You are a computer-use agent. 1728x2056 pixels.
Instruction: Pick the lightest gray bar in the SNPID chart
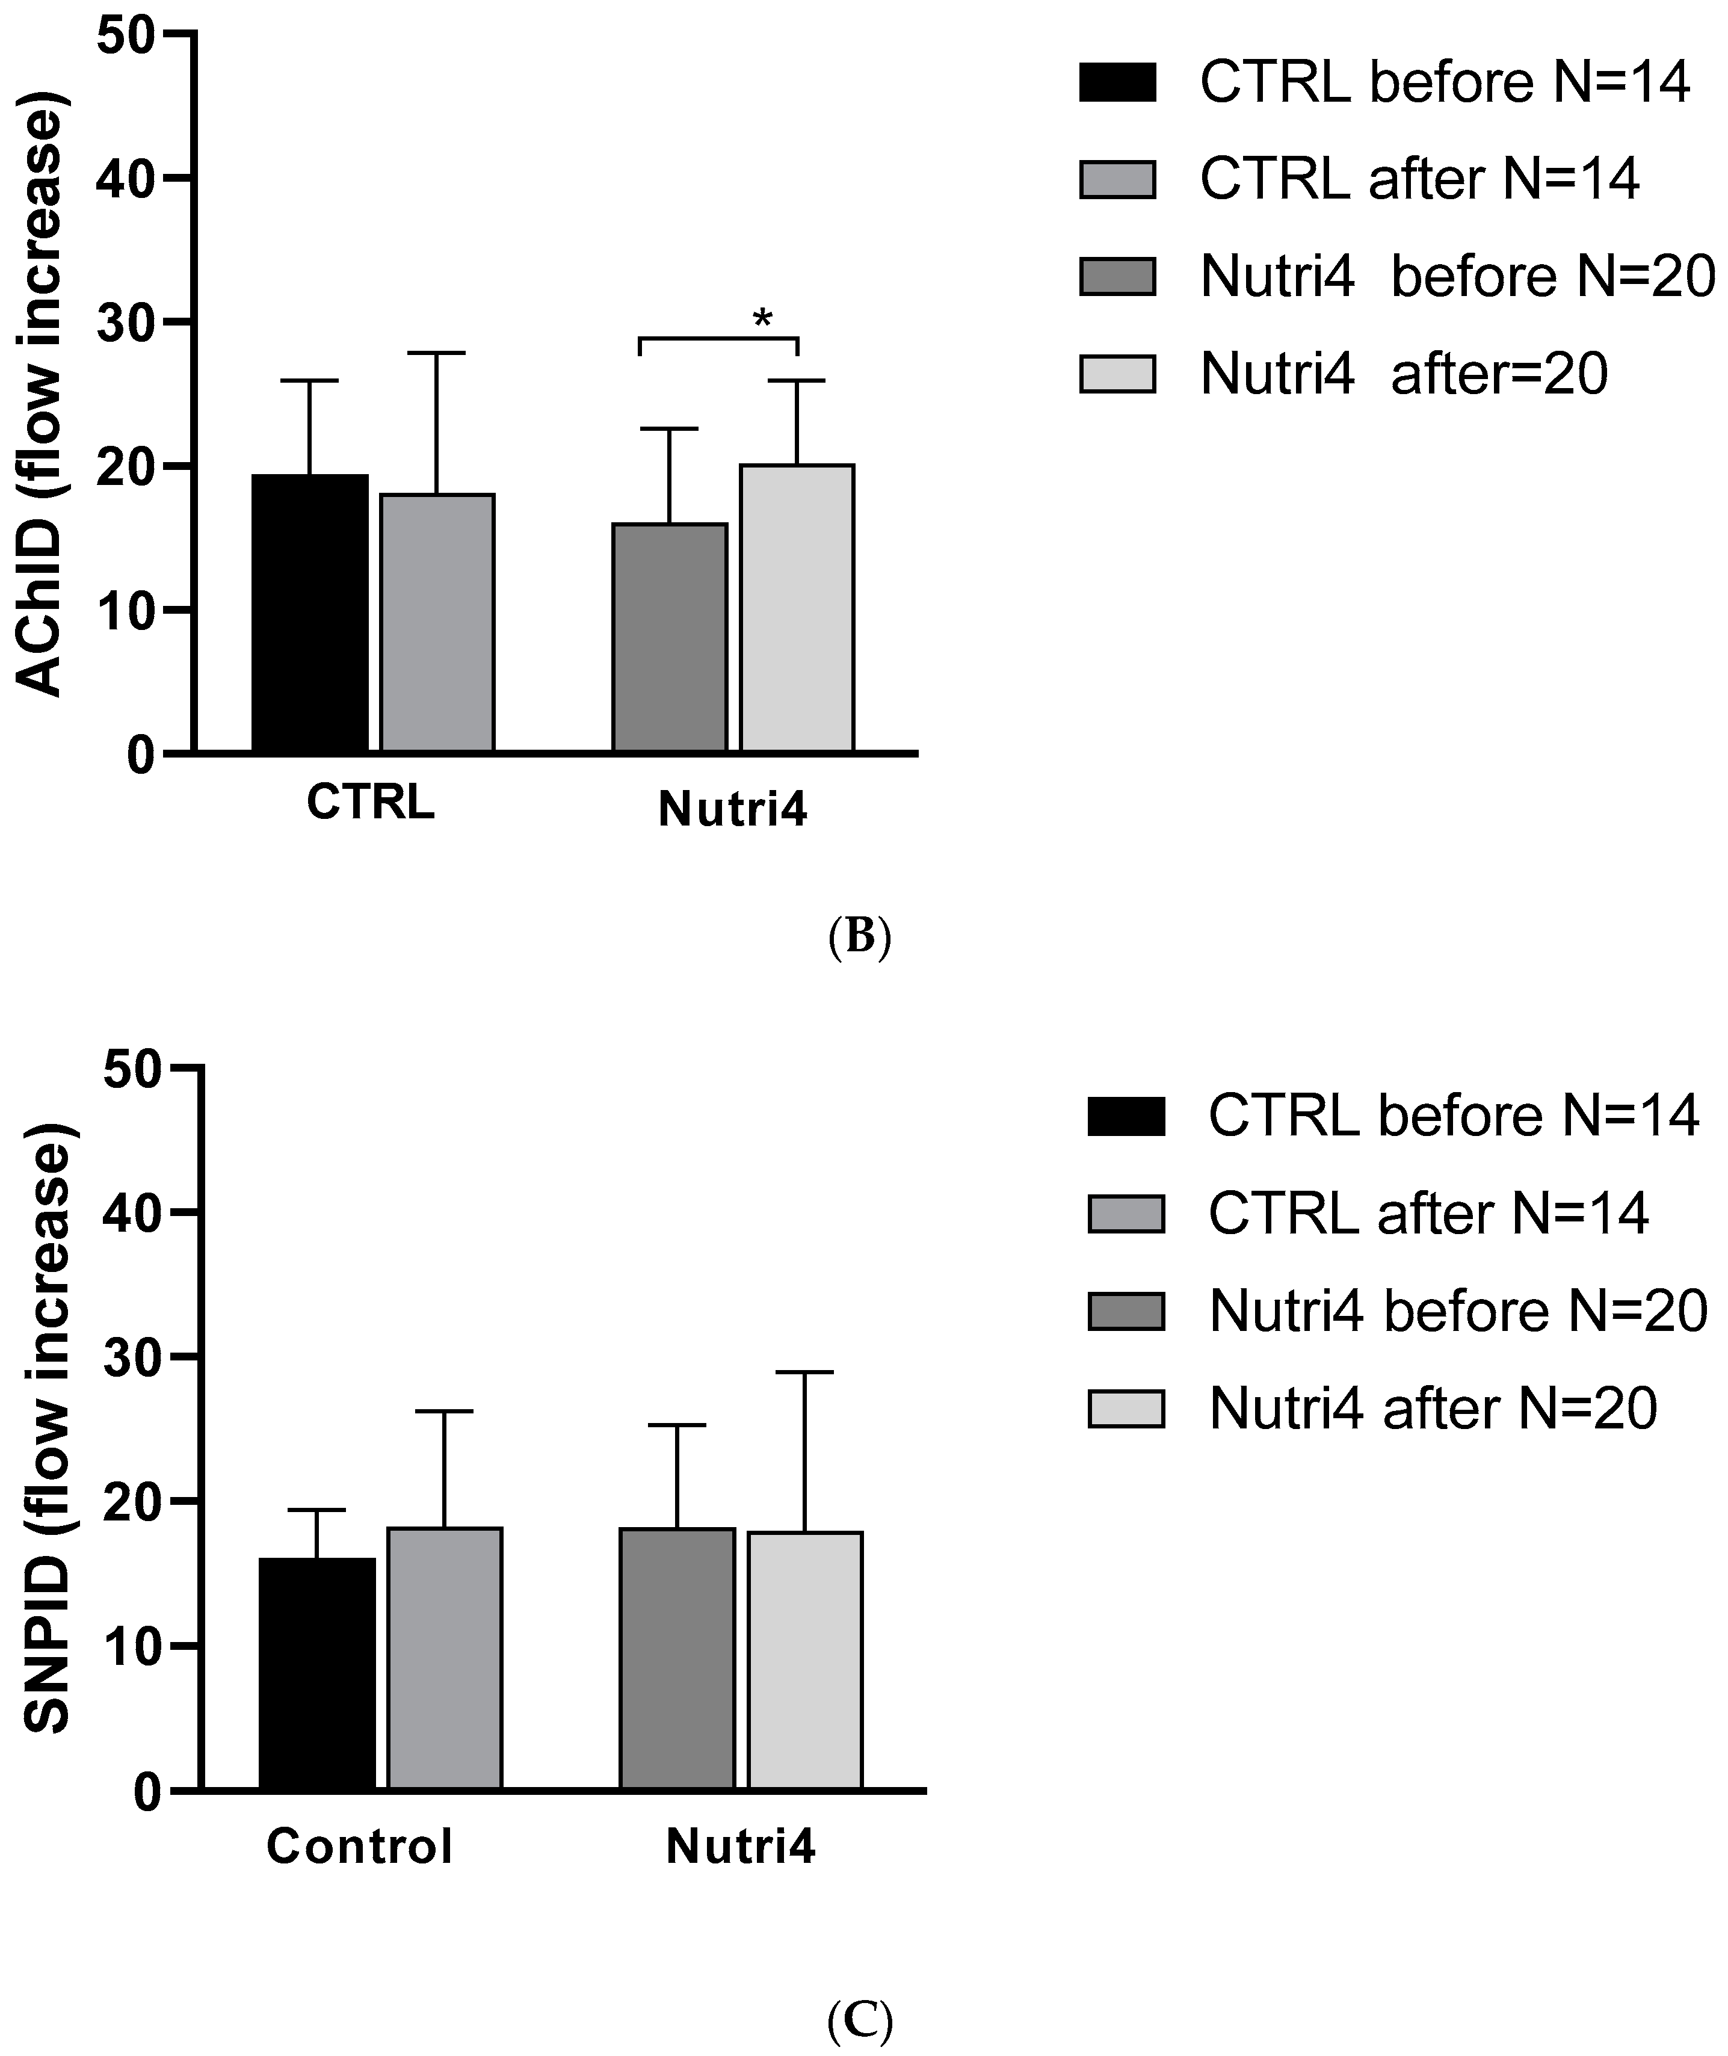[804, 1660]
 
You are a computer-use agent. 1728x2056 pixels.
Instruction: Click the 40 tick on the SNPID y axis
[133, 1212]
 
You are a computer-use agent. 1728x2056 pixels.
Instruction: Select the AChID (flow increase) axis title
[41, 394]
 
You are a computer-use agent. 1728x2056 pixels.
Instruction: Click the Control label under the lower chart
[360, 1847]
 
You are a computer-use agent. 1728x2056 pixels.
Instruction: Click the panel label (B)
[859, 936]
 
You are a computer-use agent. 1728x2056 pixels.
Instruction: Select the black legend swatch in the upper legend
[1117, 82]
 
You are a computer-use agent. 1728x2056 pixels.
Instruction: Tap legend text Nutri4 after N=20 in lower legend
[1432, 1409]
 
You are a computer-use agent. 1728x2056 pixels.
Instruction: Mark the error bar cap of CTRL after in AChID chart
[437, 353]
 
